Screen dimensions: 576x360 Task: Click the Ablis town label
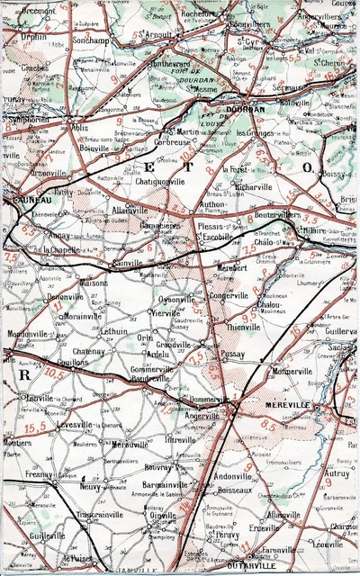click(82, 128)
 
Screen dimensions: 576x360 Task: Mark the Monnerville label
click(290, 372)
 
